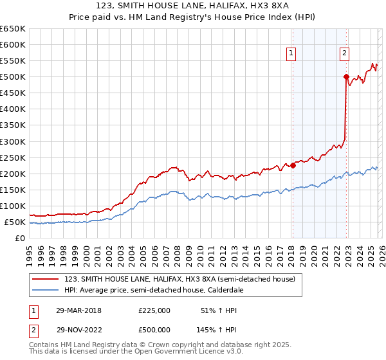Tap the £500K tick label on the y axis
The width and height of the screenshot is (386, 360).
click(x=12, y=77)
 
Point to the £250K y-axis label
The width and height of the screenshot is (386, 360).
click(x=12, y=157)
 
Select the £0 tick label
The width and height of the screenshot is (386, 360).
click(x=19, y=239)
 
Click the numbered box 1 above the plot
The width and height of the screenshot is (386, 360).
click(x=292, y=54)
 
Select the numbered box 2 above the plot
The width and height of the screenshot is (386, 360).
click(x=345, y=54)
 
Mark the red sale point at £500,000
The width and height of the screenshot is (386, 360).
click(x=346, y=76)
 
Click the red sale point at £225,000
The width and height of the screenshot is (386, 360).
click(x=293, y=165)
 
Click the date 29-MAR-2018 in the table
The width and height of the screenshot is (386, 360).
click(x=78, y=310)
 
